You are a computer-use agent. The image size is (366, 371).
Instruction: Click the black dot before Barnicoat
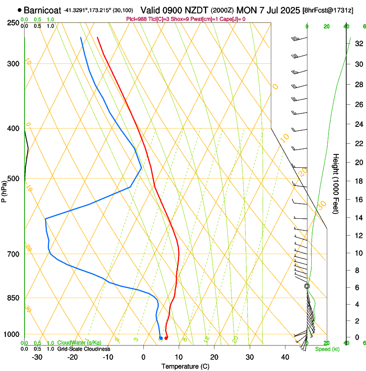(20, 9)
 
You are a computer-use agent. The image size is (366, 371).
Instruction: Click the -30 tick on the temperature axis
(37, 357)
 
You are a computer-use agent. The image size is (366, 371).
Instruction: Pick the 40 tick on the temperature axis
(285, 357)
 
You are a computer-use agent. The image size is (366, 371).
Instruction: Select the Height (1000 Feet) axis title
(336, 183)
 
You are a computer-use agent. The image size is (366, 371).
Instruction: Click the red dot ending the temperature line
(166, 338)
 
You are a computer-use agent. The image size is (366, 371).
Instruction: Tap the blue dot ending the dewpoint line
(161, 338)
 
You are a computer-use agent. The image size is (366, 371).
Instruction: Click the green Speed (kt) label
(327, 349)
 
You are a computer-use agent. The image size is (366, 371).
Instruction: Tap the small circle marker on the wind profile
(307, 286)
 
